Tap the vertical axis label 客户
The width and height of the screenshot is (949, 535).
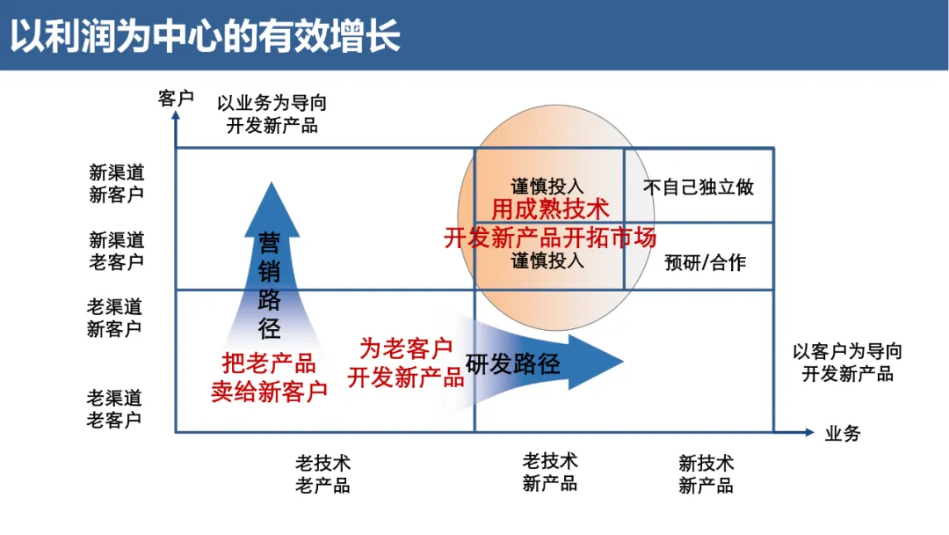click(176, 98)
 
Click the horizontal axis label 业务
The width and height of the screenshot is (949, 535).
click(843, 432)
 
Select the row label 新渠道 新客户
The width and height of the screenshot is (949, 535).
click(116, 183)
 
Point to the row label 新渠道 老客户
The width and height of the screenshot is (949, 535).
click(116, 251)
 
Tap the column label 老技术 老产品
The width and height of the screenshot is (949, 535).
click(322, 473)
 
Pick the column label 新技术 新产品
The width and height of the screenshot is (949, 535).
click(706, 473)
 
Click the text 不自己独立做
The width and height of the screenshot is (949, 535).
click(699, 187)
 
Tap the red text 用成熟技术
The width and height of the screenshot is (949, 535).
click(550, 209)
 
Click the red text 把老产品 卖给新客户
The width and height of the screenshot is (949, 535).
click(269, 377)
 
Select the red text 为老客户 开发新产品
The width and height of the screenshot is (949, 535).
click(406, 363)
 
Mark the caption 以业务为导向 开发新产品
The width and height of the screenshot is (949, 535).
click(272, 114)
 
